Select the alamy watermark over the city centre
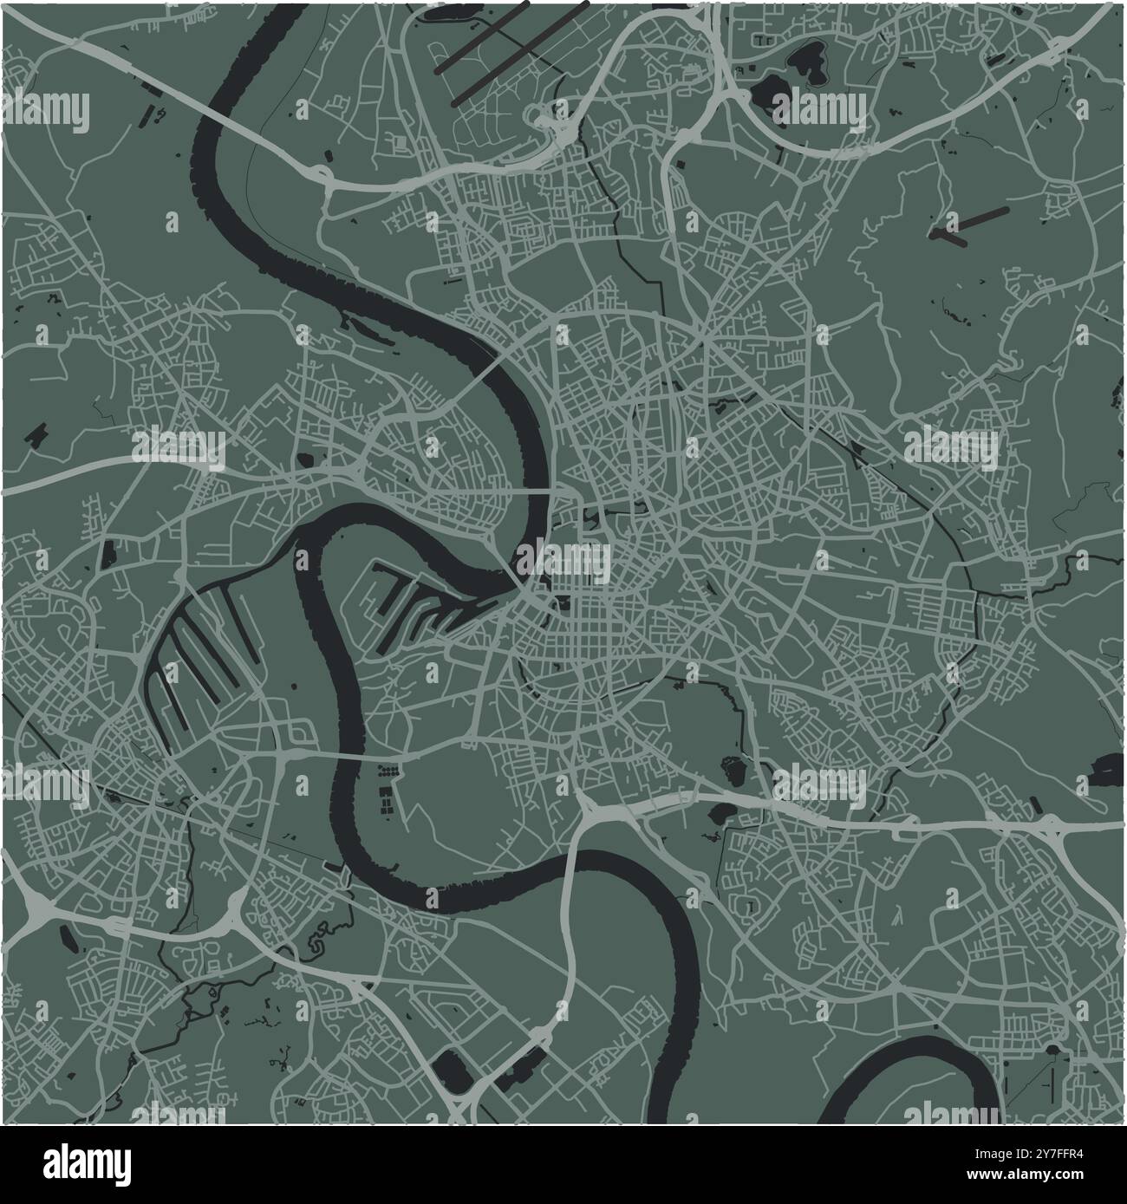point(563,563)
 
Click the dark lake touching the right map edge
point(1108,767)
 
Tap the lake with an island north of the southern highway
point(733,768)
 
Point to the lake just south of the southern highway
point(720,817)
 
